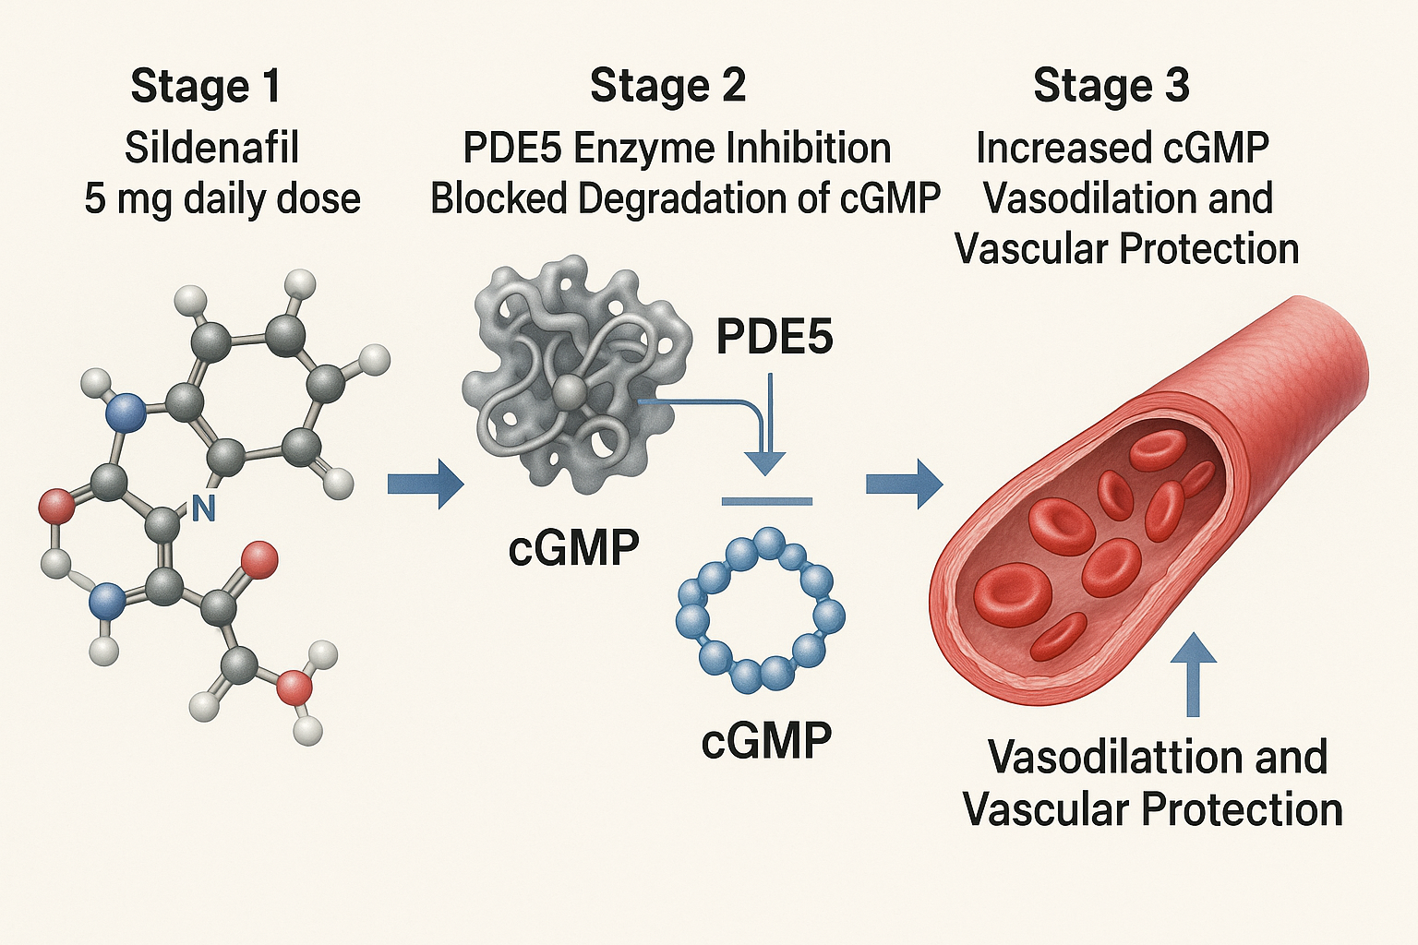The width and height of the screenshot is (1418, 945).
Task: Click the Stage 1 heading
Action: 205,87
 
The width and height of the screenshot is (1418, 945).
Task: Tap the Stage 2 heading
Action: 667,87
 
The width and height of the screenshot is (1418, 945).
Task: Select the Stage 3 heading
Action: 1112,87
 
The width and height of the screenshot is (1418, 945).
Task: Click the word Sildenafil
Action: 212,148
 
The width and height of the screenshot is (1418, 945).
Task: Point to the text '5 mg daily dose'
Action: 222,199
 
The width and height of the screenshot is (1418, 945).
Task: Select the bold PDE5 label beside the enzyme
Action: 775,338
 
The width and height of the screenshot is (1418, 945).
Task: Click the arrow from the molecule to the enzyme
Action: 425,484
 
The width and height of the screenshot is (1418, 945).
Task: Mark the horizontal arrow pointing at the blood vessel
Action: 903,484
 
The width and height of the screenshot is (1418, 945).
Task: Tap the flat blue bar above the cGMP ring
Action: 766,502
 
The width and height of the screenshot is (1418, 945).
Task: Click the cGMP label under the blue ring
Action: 766,740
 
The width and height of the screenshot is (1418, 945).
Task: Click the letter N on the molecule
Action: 203,508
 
